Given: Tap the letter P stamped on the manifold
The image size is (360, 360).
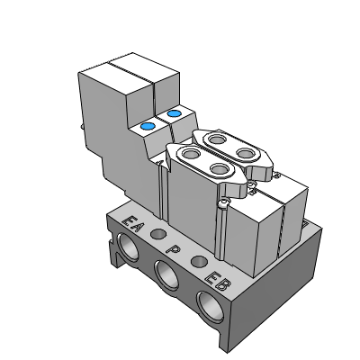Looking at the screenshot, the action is [173, 248].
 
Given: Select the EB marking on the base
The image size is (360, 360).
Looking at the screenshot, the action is [217, 281].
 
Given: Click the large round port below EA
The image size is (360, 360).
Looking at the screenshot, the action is [128, 247].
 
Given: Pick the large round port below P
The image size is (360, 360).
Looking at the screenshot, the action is [166, 275].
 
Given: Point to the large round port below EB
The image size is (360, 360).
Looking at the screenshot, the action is [211, 307].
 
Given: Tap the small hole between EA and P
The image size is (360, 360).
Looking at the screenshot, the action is [158, 234].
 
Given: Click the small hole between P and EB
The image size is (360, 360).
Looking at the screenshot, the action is [199, 261].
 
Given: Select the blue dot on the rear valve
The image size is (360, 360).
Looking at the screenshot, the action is [174, 113].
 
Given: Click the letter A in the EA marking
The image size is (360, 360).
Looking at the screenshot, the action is [135, 227].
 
